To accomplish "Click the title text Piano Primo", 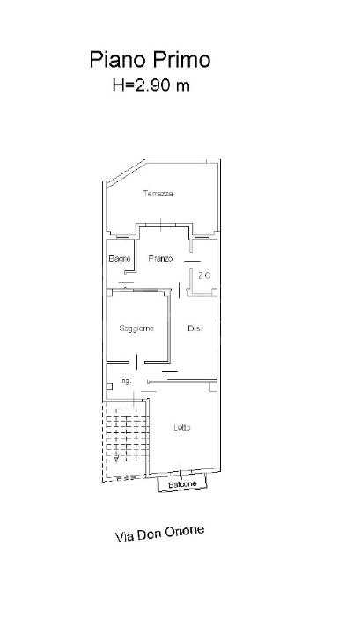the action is coord(150,61).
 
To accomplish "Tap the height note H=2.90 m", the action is coord(151,85).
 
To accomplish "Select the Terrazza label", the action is coord(158,194).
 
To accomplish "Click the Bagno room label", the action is coord(120,258).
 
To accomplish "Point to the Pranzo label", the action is coord(160,258).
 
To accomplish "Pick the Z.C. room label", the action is coord(204,276).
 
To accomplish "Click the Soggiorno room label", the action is coord(136,328).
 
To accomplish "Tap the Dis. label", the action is coord(195,328).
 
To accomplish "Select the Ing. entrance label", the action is coord(126,380).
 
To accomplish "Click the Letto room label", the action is coord(182,427).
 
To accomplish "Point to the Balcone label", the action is coord(182,484).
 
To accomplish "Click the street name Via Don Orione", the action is coord(159,534).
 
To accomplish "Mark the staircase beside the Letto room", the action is coord(125,440).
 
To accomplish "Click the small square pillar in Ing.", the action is coord(109,387).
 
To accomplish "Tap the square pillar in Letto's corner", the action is coord(213,387).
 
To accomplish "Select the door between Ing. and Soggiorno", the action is coord(137,362).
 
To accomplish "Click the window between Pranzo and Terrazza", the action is coord(161,225).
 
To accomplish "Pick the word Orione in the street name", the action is coord(185,530).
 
